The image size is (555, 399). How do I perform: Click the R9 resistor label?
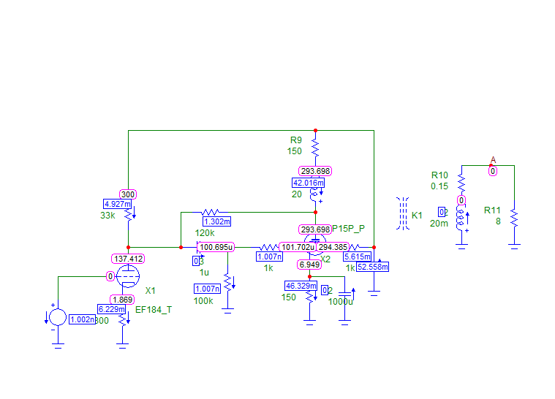click(x=295, y=140)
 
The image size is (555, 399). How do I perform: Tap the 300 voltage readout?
click(x=128, y=194)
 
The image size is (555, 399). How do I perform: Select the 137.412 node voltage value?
click(x=128, y=259)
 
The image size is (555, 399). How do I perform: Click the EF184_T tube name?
click(x=154, y=310)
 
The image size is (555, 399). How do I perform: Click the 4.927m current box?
click(x=117, y=204)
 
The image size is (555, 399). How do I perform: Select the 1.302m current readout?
click(x=216, y=221)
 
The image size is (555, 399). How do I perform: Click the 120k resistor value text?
click(x=205, y=232)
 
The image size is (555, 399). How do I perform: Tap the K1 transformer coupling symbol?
click(x=402, y=214)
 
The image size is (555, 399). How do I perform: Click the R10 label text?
click(x=439, y=175)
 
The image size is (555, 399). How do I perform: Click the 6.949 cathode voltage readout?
click(x=309, y=264)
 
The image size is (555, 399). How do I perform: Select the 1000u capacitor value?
click(x=340, y=301)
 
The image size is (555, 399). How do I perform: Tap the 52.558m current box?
click(x=373, y=267)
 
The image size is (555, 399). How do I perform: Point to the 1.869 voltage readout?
click(x=122, y=300)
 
